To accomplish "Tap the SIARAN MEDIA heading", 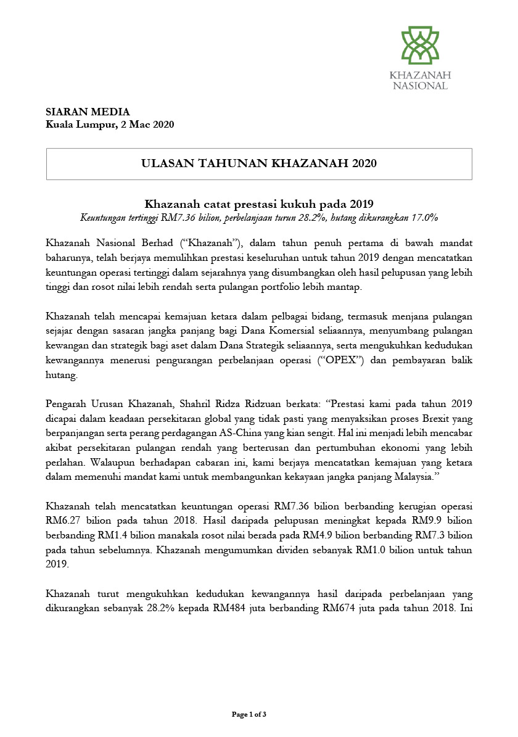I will tap(88, 112).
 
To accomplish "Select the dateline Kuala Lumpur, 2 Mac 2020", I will tap(110, 125).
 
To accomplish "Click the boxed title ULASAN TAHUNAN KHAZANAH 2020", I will tap(259, 163).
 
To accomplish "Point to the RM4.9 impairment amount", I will tap(320, 533).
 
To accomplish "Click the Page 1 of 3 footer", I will tap(249, 714).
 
